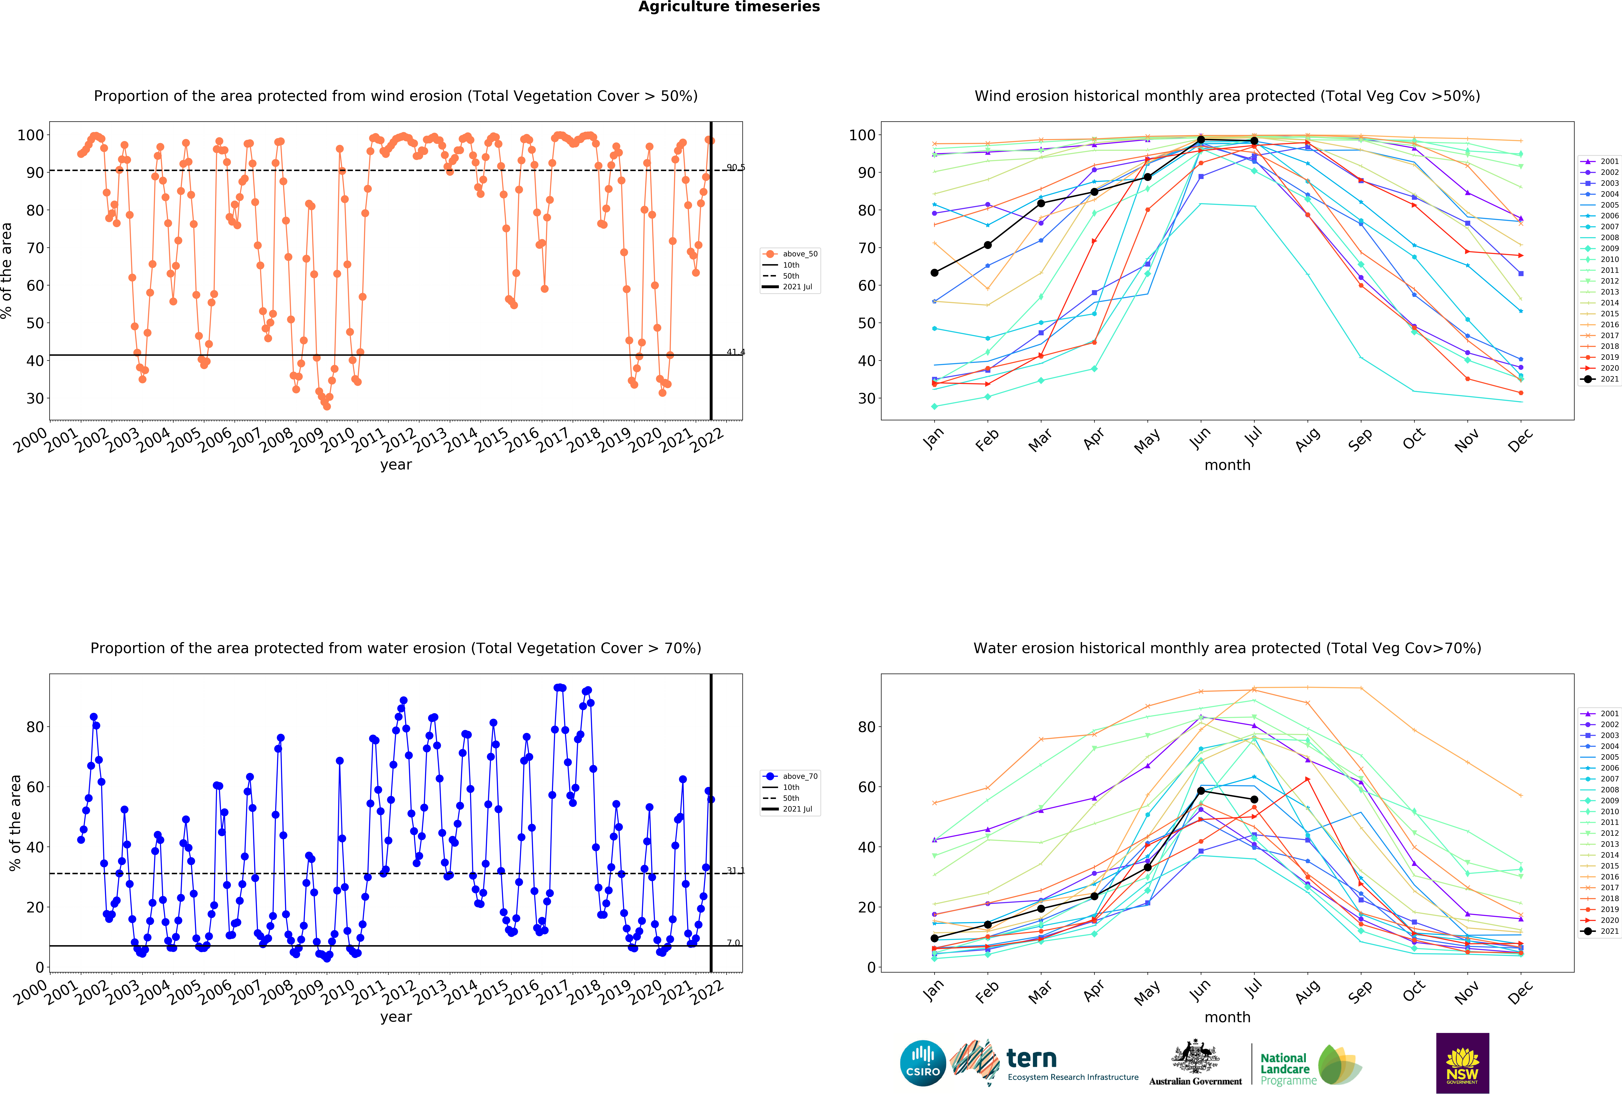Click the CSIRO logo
click(923, 1063)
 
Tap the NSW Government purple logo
click(1462, 1063)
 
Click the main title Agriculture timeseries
click(729, 7)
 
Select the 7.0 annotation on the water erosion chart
click(733, 943)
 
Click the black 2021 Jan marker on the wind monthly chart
click(934, 272)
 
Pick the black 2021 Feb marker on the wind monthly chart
click(988, 245)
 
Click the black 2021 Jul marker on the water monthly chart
click(1254, 799)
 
